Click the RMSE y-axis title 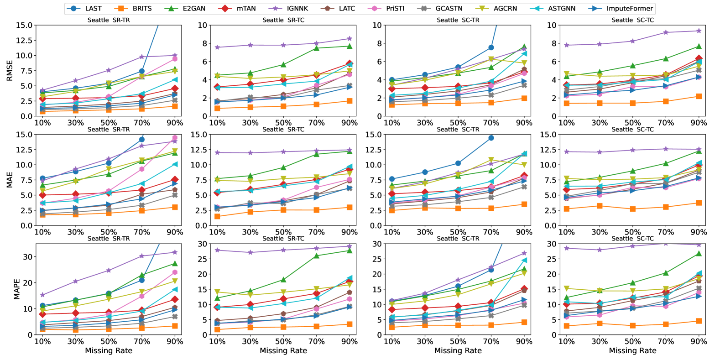(10, 70)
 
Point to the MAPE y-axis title (17, 289)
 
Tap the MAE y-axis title (10, 180)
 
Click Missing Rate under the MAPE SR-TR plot (109, 350)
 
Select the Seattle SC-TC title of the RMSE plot (632, 20)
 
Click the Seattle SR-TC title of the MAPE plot (283, 239)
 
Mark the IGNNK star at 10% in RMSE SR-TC (217, 47)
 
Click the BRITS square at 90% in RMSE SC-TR (524, 99)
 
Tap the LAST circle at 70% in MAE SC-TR (491, 138)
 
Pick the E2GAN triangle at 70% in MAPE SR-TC (317, 256)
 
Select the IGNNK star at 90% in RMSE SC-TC (699, 31)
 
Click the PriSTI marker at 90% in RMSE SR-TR (175, 59)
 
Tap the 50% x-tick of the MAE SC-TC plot (632, 232)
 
